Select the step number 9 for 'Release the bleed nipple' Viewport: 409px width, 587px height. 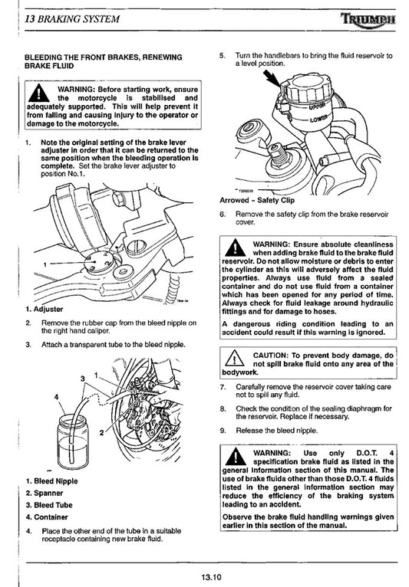click(223, 430)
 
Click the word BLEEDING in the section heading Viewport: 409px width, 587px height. click(48, 57)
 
